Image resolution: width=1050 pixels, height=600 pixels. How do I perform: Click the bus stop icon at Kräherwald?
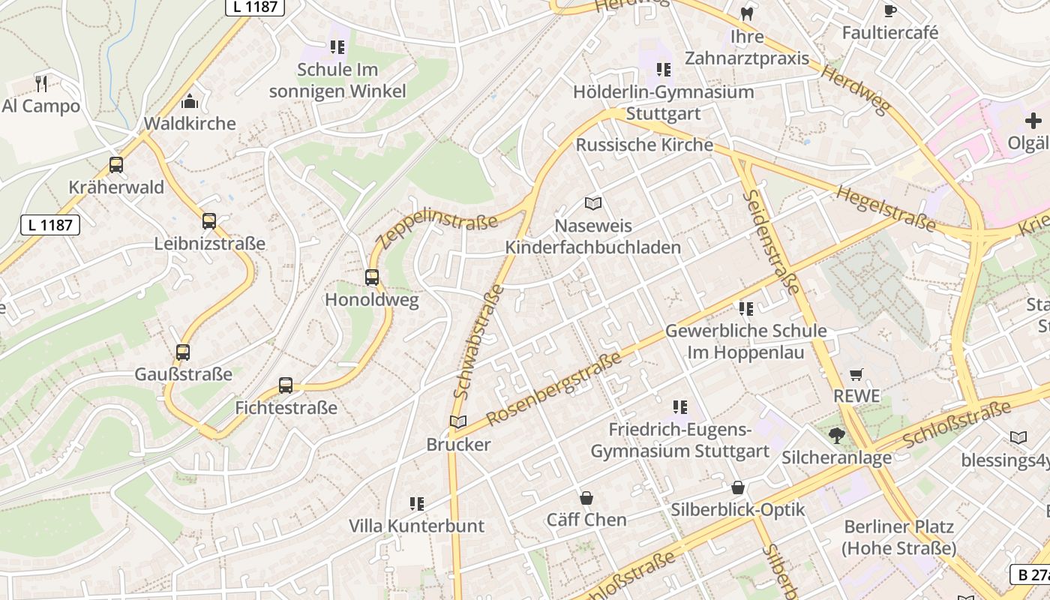116,165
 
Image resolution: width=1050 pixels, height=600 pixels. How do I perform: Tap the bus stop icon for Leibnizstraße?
209,221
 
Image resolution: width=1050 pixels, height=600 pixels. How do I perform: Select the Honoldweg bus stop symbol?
372,277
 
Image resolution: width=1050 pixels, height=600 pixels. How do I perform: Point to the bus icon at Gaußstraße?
183,352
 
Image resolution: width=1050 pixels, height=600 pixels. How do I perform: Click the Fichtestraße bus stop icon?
286,385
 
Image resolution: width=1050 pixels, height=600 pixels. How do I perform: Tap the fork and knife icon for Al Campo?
41,83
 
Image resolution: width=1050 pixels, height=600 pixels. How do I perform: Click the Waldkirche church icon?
190,101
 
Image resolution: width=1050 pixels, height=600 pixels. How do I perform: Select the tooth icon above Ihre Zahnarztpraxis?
746,13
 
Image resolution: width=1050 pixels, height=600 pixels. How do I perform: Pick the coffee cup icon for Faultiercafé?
889,10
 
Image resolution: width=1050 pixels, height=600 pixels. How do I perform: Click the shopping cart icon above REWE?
856,374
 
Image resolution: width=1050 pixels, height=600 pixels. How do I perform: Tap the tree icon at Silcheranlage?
836,435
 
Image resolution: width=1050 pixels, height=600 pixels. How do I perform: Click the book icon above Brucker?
457,422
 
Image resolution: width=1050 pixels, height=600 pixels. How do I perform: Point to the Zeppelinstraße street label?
437,228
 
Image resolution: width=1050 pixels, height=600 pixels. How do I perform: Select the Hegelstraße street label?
886,208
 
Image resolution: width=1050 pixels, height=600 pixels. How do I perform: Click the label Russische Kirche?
644,145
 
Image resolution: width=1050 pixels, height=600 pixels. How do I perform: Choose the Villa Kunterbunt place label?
417,526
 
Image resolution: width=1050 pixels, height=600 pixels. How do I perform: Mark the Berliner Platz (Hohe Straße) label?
898,537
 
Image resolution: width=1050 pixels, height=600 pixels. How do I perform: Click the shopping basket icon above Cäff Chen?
586,498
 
